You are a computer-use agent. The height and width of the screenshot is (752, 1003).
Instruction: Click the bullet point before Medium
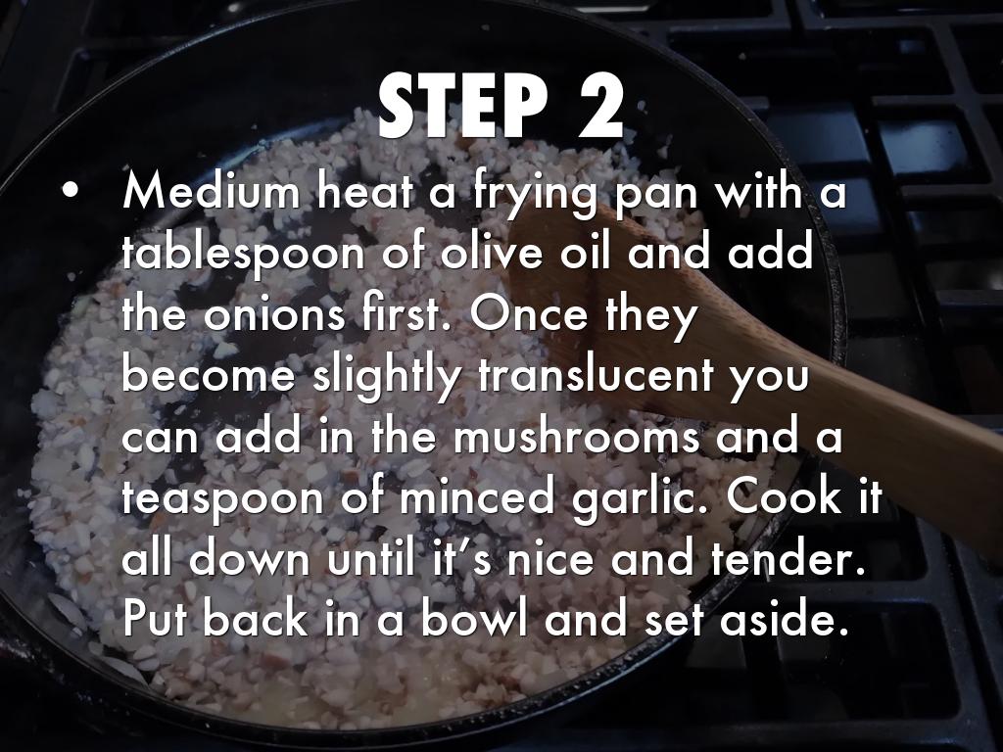(71, 190)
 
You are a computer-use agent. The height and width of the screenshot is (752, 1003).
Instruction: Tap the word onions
(274, 314)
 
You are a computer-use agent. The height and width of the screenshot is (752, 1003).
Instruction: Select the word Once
(528, 313)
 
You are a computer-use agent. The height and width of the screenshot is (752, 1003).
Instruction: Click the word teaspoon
(223, 500)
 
